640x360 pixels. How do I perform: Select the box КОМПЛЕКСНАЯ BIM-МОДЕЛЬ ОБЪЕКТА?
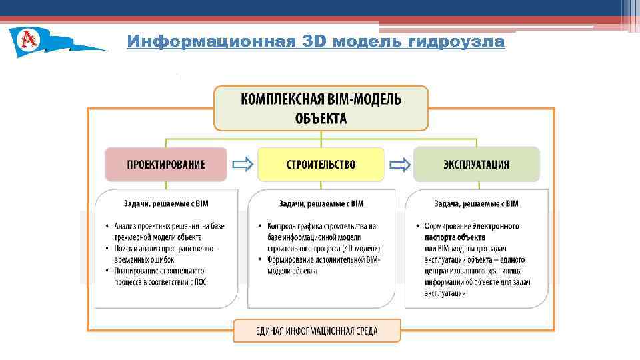click(321, 109)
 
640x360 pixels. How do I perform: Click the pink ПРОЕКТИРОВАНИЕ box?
click(166, 165)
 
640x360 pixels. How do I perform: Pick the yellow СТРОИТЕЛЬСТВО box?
click(321, 165)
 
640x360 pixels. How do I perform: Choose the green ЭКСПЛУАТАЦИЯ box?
click(476, 165)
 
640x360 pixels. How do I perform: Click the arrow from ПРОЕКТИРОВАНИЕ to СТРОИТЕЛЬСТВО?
click(243, 165)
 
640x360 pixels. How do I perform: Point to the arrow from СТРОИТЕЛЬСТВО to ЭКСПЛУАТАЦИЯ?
click(399, 165)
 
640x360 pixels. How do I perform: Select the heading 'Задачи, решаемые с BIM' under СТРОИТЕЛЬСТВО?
click(321, 203)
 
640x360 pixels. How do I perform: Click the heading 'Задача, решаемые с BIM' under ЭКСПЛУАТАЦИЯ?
click(476, 203)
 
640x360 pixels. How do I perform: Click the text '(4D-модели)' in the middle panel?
click(359, 249)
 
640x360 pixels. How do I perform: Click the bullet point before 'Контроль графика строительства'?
click(261, 227)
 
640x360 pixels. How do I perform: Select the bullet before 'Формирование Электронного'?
click(417, 227)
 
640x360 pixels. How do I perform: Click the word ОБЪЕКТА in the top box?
click(321, 119)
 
